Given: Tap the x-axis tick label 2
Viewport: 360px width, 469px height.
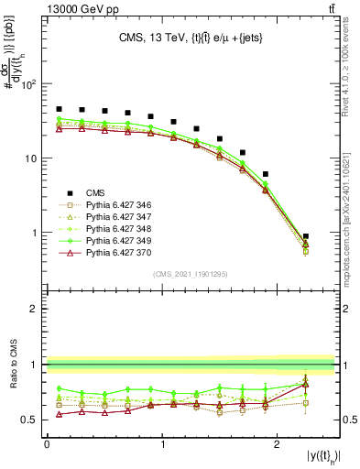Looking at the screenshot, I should point(278,444).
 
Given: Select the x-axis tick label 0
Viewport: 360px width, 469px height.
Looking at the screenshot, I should point(47,444).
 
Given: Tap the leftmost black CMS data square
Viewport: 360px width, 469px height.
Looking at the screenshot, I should point(59,109).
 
